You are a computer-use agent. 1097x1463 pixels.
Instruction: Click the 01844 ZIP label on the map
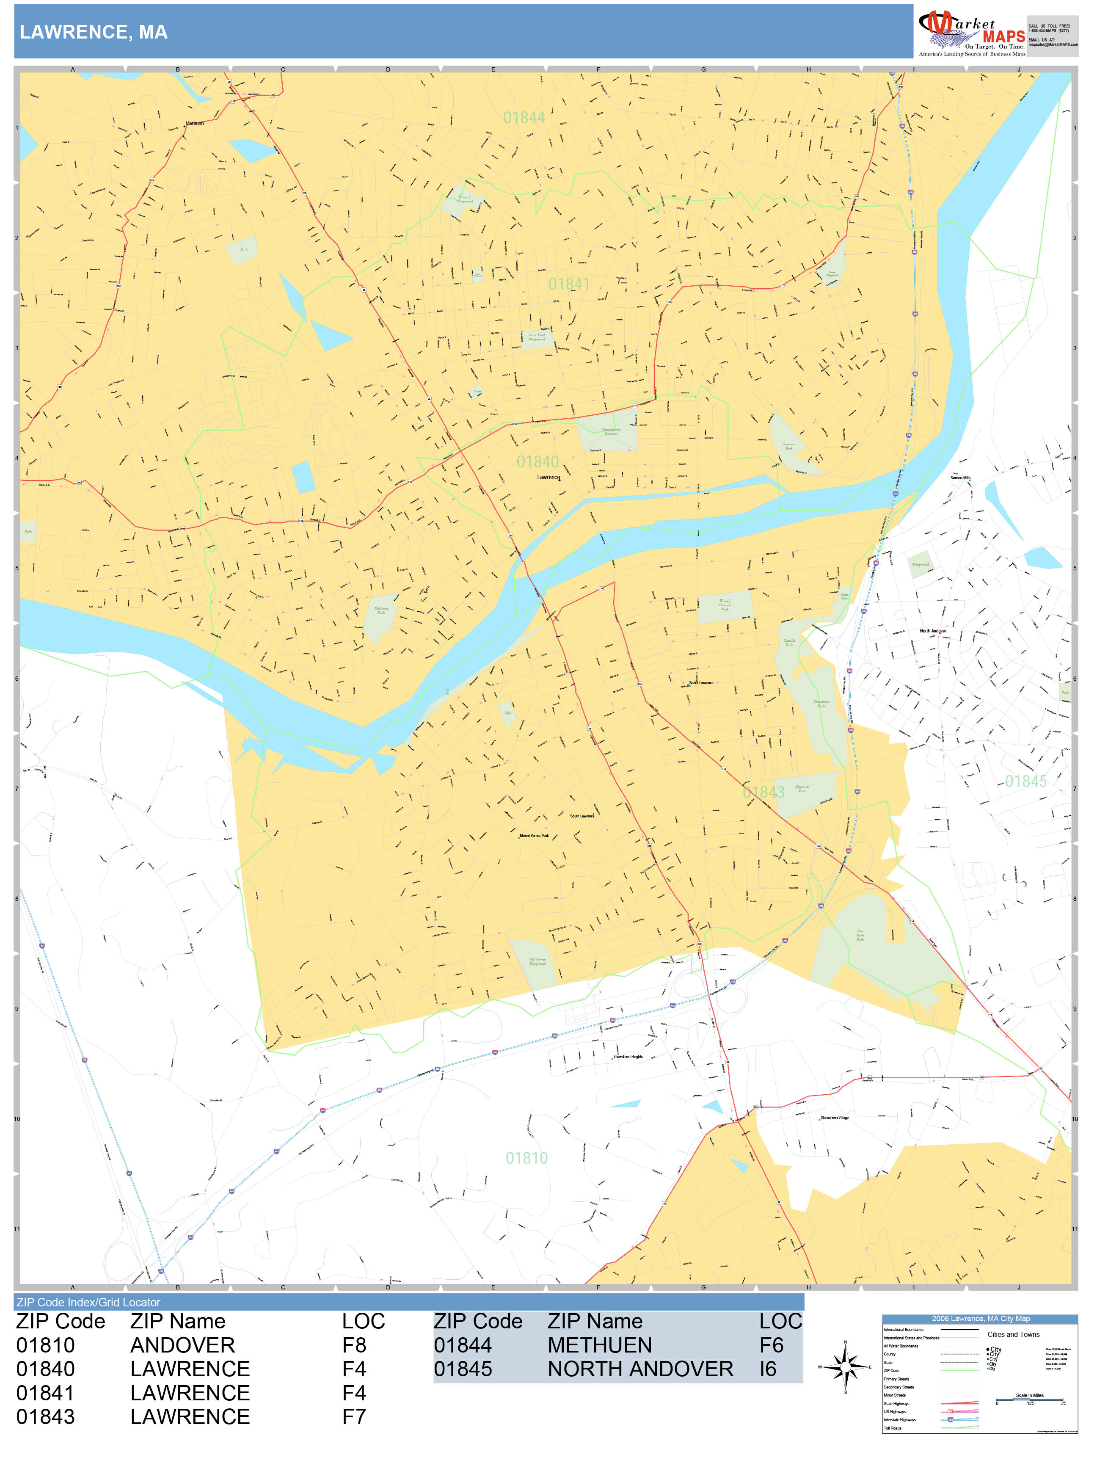[524, 118]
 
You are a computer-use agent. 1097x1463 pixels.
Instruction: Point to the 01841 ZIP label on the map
[569, 284]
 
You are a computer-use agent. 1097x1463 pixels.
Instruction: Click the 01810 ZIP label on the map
[526, 1158]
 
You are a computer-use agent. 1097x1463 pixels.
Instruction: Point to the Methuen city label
[194, 124]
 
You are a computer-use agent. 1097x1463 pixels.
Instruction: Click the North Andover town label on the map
[932, 631]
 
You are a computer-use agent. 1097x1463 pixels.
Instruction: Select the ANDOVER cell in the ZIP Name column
[182, 1345]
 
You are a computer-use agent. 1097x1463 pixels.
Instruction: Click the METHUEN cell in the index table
[599, 1345]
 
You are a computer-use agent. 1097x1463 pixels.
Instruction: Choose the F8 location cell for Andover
[354, 1345]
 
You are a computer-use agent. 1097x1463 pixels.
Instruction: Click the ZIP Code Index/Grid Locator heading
[88, 1302]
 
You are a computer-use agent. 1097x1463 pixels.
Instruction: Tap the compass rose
[845, 1367]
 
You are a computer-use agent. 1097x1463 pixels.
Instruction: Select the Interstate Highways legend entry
[899, 1419]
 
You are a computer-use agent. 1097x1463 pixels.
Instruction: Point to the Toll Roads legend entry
[893, 1428]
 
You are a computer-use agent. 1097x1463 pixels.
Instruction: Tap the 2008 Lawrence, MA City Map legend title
[980, 1319]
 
